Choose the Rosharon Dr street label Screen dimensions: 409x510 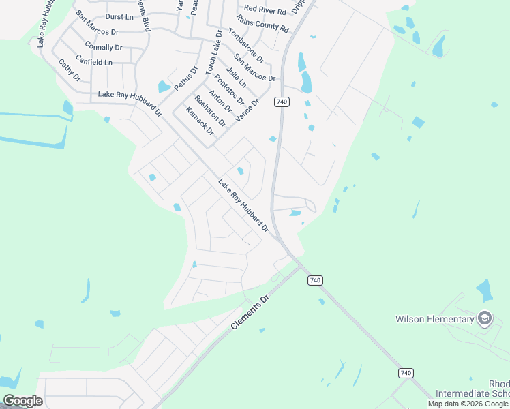click(209, 110)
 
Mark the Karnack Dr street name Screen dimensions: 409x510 click(199, 121)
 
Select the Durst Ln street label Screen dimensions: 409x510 click(119, 16)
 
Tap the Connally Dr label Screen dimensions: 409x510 click(104, 48)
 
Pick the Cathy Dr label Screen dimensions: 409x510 click(69, 70)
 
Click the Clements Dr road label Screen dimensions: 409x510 click(250, 313)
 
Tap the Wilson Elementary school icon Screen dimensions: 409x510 click(484, 318)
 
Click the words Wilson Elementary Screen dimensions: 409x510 click(435, 319)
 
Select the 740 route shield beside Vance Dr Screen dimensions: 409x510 click(282, 102)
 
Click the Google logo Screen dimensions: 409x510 click(22, 401)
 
